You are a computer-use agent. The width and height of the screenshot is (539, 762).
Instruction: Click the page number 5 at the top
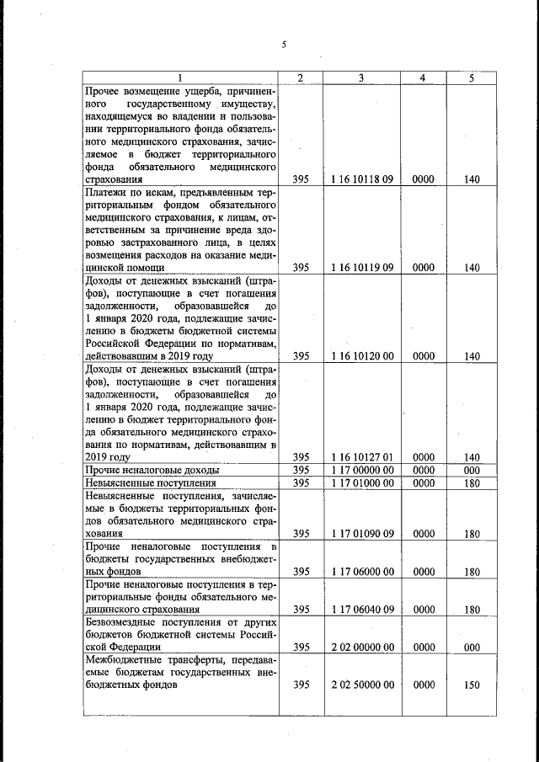tap(285, 45)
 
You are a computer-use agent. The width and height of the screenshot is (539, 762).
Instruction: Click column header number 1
tap(180, 78)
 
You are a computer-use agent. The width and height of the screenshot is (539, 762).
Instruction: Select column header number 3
tap(361, 78)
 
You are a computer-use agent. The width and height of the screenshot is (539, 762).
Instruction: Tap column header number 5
tap(472, 78)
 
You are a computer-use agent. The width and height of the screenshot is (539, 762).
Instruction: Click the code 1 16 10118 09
tap(361, 179)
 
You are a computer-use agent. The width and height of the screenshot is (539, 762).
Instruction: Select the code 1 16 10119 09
tap(361, 268)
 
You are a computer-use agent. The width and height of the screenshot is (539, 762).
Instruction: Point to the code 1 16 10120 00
tap(361, 355)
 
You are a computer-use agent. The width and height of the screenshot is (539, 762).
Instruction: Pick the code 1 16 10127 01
tap(361, 456)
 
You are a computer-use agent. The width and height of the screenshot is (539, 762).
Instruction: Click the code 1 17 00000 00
tap(361, 469)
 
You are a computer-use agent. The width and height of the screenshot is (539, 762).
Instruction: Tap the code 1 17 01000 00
tap(361, 483)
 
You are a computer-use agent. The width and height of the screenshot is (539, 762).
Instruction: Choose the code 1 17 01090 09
tap(361, 533)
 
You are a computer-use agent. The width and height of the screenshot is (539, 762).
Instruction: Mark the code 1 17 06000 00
tap(361, 571)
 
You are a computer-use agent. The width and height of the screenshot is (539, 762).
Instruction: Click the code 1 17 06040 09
tap(361, 609)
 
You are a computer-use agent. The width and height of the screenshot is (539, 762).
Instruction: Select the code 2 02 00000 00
tap(361, 647)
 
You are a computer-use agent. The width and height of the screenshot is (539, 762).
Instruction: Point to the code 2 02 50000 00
tap(361, 685)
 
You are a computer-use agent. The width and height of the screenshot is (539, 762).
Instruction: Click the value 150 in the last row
tap(472, 685)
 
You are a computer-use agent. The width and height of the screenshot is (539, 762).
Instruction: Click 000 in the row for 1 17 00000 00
tap(472, 469)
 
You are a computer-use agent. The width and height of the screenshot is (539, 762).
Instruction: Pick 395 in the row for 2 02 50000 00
tap(301, 685)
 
